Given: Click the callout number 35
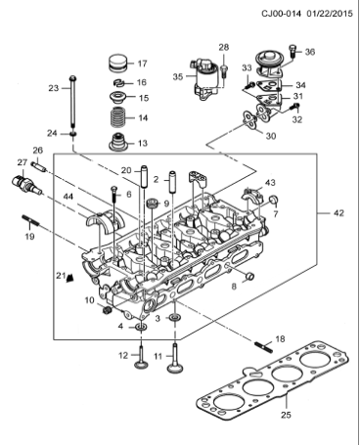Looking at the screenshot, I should (x=178, y=74).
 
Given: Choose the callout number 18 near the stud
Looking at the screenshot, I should (x=280, y=338).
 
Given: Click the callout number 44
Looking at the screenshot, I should (x=67, y=197).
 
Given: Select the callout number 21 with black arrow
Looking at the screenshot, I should (x=59, y=274).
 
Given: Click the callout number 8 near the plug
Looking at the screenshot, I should (x=233, y=287).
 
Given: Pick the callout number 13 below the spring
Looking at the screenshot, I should (x=142, y=144).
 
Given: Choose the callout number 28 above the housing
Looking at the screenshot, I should (x=223, y=47).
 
